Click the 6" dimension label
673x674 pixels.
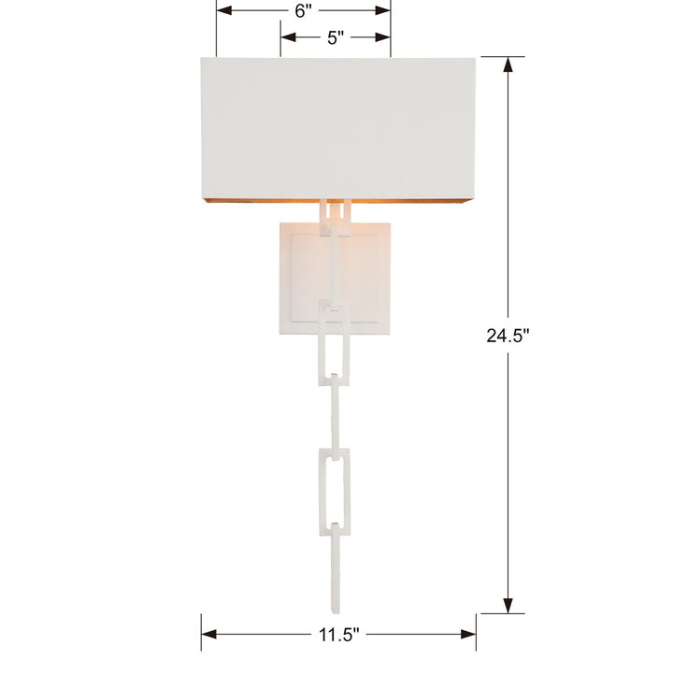pyautogui.click(x=301, y=11)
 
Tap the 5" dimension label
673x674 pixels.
pyautogui.click(x=336, y=37)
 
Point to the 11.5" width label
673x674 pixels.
pyautogui.click(x=337, y=634)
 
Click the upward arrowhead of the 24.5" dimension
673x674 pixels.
pyautogui.click(x=508, y=65)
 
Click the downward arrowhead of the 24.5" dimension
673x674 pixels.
pyautogui.click(x=508, y=606)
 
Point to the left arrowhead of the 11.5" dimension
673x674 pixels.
pyautogui.click(x=208, y=634)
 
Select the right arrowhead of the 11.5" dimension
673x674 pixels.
pyautogui.click(x=468, y=634)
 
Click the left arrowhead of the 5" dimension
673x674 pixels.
pyautogui.click(x=288, y=37)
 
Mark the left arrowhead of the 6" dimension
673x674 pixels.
pyautogui.click(x=224, y=11)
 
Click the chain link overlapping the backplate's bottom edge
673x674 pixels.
pyautogui.click(x=336, y=337)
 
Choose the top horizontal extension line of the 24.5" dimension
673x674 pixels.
pyautogui.click(x=503, y=57)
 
